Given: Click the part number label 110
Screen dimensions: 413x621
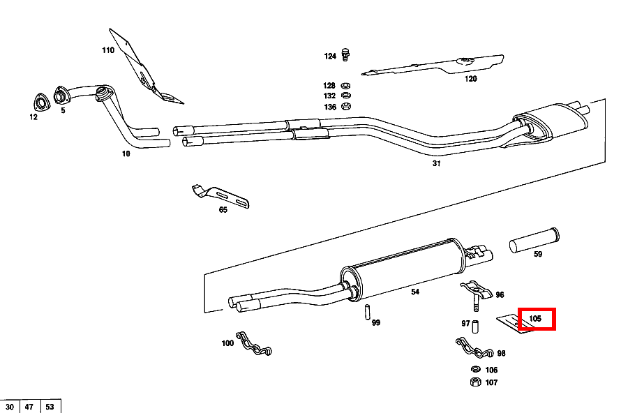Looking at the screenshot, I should point(107,50).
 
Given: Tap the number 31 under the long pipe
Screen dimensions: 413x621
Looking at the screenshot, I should point(437,164).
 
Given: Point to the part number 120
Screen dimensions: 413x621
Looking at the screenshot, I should point(471,79).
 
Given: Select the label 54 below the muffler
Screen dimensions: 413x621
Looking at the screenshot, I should point(415,292).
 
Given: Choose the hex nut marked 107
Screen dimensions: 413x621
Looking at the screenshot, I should point(473,382).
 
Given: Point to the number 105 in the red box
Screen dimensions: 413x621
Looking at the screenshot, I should point(535,319).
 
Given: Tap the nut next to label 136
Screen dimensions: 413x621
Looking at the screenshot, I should point(347,107).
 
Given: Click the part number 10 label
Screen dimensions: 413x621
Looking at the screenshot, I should point(126,153).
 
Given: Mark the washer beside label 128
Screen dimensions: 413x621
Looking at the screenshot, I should point(347,85).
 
